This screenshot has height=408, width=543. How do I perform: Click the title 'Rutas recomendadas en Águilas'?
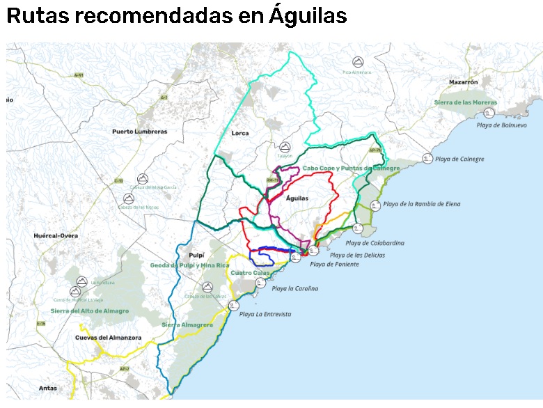point(177,17)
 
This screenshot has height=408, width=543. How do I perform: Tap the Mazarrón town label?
point(464,81)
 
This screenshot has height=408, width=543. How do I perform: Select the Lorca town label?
point(240,133)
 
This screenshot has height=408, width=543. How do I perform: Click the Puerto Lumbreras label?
point(140,131)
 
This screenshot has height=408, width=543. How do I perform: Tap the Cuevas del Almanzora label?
point(109,338)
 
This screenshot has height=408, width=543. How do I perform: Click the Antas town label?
point(48,388)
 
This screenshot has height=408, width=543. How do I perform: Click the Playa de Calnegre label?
point(459,159)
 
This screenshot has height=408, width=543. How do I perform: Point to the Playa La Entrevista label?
point(265,315)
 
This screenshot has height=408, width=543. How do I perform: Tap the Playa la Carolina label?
point(294,288)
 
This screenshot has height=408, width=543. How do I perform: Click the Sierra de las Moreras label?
point(466,102)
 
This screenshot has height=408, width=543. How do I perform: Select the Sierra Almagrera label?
point(187,324)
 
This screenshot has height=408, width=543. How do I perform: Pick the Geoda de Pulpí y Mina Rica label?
point(190,265)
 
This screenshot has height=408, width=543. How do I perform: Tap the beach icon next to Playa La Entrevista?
point(234,306)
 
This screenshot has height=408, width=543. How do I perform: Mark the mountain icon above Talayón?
point(285,147)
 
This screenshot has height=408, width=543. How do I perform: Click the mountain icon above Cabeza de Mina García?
point(142,178)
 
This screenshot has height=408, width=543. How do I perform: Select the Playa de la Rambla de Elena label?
point(422,204)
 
